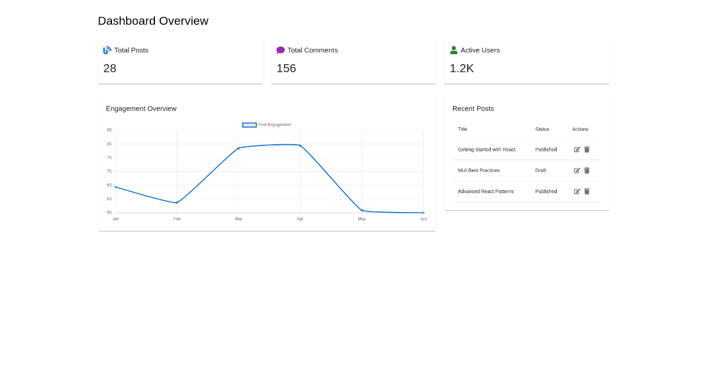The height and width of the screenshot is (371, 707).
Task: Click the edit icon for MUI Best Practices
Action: pos(577,171)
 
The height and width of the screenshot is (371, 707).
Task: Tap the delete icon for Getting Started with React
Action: pos(587,150)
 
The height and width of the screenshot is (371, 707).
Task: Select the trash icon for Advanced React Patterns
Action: pos(587,191)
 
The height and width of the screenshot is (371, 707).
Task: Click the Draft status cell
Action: pos(540,170)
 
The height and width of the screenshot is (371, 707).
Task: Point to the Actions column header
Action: pos(580,129)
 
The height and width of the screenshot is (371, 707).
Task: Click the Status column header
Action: pos(542,129)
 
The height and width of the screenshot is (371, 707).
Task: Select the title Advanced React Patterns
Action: pos(485,191)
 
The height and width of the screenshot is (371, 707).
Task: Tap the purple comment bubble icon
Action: pos(280,50)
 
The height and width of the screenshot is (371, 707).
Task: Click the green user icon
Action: pos(454,50)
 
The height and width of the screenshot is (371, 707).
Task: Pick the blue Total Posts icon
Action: pos(107,50)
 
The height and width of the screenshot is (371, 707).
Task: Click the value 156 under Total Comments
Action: pos(286,68)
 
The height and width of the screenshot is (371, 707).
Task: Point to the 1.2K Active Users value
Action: pos(461,68)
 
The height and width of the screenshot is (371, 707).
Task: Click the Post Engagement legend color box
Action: pos(249,125)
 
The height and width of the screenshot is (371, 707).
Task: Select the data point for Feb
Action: pos(177,203)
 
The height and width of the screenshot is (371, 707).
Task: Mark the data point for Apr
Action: pos(300,145)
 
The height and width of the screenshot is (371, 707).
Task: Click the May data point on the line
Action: pos(362,210)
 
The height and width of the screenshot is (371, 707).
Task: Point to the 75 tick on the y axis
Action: pos(109,158)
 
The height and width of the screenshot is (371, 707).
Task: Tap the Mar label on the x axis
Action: pos(238,219)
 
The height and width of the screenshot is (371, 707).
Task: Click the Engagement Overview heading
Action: pos(141,108)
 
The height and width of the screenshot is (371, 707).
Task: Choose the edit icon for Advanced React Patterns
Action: pos(577,191)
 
